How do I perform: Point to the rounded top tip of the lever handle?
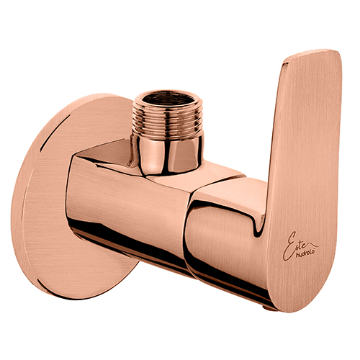pyautogui.click(x=313, y=54)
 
